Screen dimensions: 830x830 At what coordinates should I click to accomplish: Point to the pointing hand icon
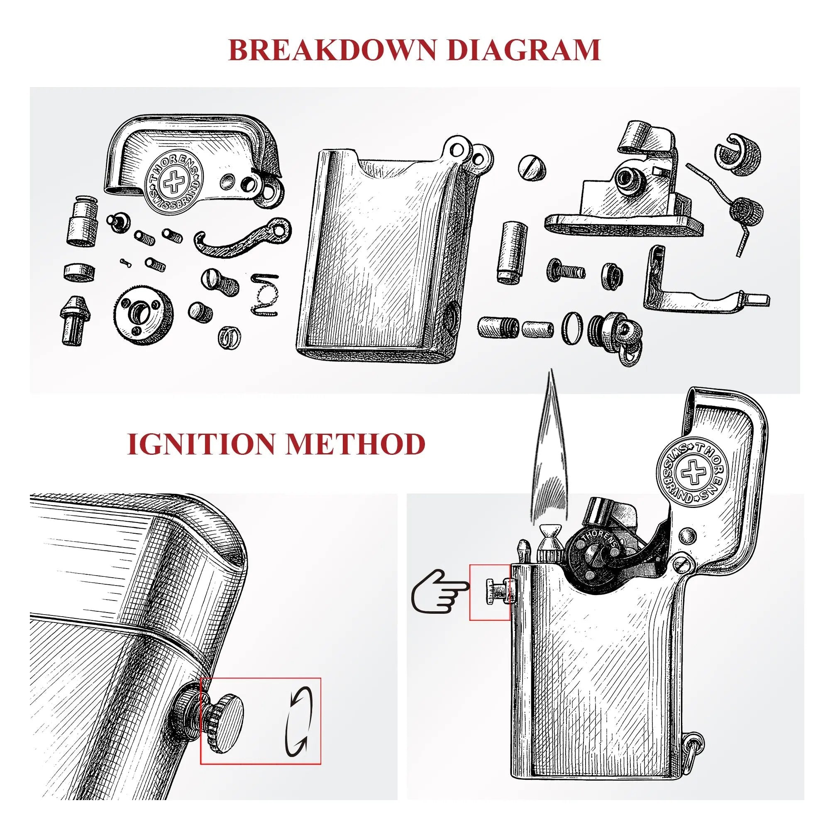pyautogui.click(x=438, y=591)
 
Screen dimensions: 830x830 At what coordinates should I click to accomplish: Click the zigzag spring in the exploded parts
pyautogui.click(x=263, y=295)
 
